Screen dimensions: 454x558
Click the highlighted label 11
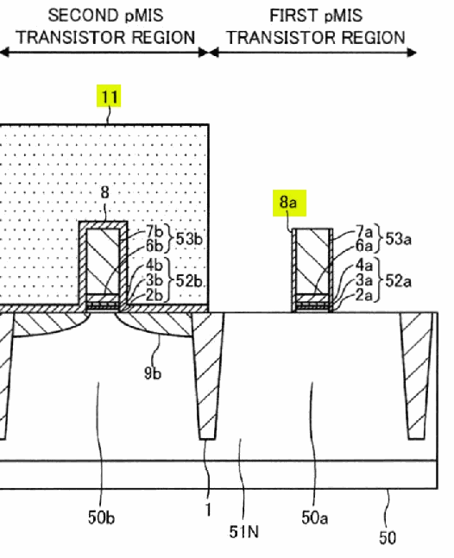(109, 96)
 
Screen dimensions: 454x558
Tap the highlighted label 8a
(289, 203)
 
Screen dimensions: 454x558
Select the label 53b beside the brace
(189, 238)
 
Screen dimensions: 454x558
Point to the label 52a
(398, 281)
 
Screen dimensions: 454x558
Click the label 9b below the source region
(153, 373)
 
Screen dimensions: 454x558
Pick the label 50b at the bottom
(102, 517)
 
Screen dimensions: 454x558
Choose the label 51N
(244, 532)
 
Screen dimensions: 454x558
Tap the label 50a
(314, 517)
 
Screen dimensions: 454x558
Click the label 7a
(364, 232)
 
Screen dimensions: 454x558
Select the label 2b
(154, 295)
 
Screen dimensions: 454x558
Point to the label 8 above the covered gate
(104, 192)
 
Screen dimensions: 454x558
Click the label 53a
(398, 238)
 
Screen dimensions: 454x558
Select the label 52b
(189, 281)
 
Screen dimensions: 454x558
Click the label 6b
(154, 246)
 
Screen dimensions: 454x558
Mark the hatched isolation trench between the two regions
(208, 375)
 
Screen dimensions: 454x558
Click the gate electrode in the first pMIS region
(312, 261)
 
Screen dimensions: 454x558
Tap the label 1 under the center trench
(208, 510)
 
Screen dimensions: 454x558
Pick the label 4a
(364, 265)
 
